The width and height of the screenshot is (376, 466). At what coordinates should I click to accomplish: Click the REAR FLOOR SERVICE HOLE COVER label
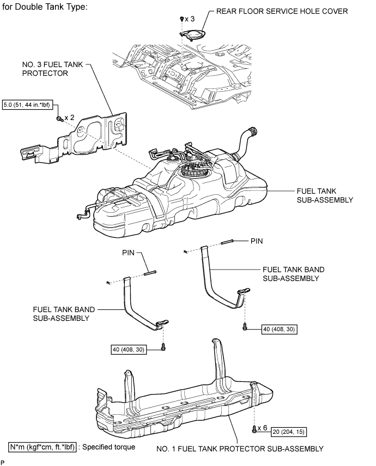[x=282, y=11]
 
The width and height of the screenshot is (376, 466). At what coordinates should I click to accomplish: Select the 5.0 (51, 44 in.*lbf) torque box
[x=27, y=105]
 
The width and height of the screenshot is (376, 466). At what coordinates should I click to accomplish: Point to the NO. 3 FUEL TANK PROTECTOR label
[x=52, y=69]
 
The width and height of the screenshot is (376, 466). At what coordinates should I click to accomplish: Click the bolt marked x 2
[x=59, y=118]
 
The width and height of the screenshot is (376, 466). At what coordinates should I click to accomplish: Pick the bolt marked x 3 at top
[x=181, y=19]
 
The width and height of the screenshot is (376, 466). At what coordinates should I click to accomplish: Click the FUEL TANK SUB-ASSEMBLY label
[x=325, y=195]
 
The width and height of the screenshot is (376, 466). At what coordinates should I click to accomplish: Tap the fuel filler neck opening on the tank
[x=253, y=131]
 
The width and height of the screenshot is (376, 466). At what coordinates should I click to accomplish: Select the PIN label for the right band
[x=257, y=241]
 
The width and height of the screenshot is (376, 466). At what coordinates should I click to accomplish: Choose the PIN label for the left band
[x=128, y=253]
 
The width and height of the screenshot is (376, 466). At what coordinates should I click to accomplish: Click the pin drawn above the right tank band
[x=228, y=242]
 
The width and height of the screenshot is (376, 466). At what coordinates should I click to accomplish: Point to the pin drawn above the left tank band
[x=150, y=272]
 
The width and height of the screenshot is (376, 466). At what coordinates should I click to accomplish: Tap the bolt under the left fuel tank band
[x=163, y=346]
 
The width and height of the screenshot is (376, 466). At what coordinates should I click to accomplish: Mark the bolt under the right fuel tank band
[x=245, y=327]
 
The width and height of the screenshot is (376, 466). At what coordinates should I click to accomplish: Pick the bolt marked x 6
[x=254, y=429]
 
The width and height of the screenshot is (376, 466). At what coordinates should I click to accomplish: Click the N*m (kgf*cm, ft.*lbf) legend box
[x=43, y=447]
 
